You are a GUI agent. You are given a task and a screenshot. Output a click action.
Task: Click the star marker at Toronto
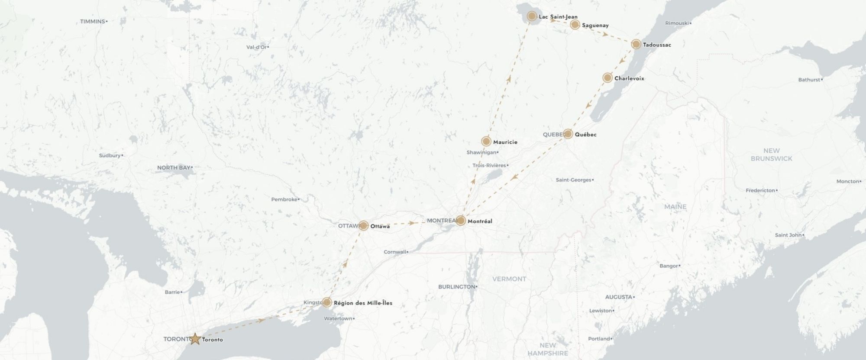point(195,339)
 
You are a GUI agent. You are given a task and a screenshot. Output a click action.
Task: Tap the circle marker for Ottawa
point(363,226)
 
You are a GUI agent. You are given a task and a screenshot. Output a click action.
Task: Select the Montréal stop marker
point(461,221)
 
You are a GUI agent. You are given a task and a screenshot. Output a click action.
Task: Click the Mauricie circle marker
point(486,141)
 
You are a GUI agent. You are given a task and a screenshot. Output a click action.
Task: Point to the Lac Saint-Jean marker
point(532,16)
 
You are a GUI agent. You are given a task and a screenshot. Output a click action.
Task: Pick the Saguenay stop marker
point(575,25)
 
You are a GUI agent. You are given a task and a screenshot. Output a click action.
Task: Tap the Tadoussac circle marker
point(636,44)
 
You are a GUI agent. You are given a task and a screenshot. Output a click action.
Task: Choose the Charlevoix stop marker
point(607,78)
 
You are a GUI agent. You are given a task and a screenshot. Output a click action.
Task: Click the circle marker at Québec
point(568,134)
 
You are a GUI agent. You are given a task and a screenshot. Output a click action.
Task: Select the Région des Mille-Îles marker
point(327,302)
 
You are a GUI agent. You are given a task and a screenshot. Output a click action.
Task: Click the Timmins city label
point(93,21)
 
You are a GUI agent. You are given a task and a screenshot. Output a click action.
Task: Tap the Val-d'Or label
point(256,47)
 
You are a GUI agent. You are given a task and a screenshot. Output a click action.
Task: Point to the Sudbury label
point(110,156)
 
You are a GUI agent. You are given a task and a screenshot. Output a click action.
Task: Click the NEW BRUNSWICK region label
point(771,155)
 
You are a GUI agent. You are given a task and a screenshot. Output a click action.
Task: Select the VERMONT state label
point(509,279)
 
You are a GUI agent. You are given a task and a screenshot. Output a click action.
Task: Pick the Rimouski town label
point(677,23)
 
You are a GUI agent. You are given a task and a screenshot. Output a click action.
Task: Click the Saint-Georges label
point(573,180)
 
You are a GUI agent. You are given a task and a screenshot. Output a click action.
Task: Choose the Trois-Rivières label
point(489,165)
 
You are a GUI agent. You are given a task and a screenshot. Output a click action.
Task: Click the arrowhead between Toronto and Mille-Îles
point(261,320)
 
